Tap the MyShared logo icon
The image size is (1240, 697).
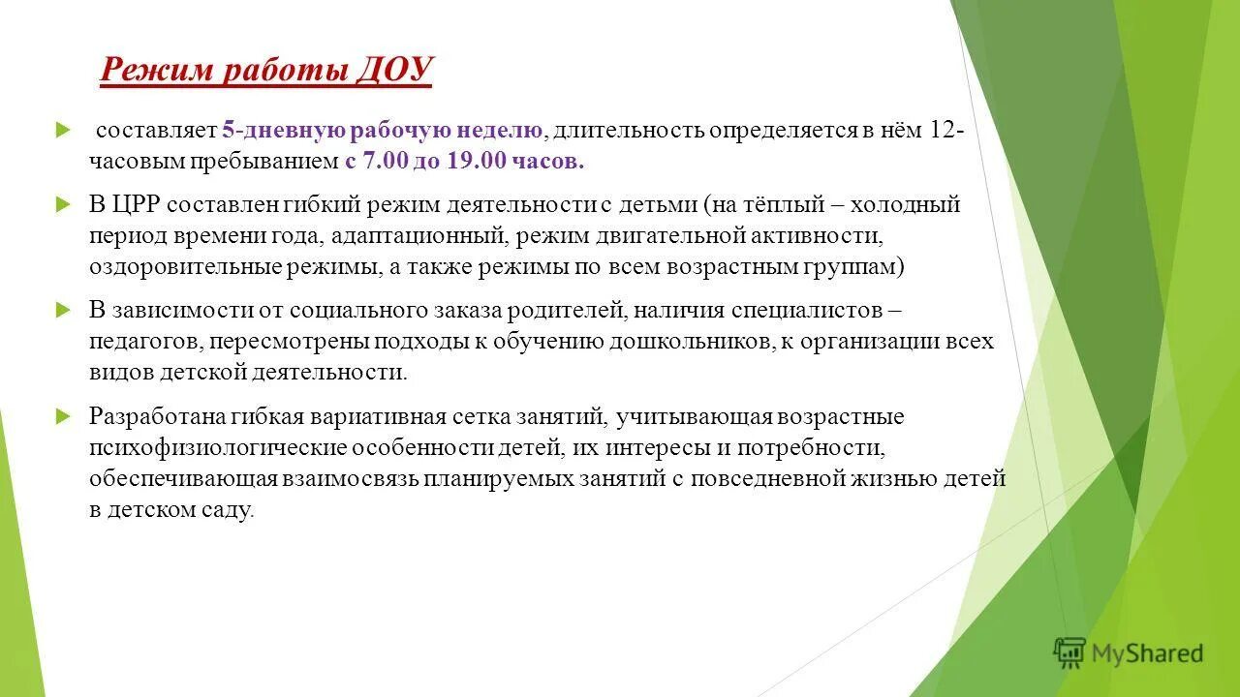1069,653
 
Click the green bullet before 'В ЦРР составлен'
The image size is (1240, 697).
64,205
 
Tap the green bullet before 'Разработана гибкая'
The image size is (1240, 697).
64,416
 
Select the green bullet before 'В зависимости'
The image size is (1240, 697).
64,311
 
